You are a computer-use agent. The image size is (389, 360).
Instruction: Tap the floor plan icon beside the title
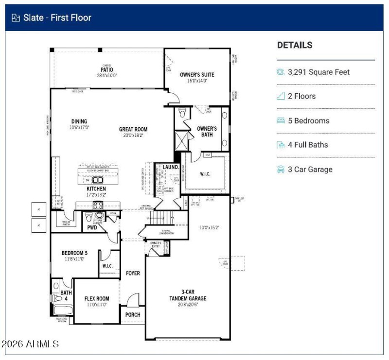tap(16, 18)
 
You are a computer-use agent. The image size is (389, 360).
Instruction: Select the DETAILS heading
tap(295, 45)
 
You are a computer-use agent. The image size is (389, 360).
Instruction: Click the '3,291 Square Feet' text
tap(318, 72)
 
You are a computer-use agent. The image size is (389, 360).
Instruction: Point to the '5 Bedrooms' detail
tap(308, 120)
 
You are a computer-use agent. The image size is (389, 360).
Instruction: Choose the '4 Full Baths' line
tap(308, 145)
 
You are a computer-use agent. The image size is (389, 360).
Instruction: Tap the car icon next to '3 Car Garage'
tap(281, 170)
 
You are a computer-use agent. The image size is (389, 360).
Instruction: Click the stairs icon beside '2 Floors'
tap(281, 96)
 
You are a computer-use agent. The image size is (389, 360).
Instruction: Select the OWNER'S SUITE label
tap(197, 75)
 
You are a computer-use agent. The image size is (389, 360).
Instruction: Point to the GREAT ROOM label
tap(133, 130)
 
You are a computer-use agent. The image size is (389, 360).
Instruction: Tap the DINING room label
tap(79, 121)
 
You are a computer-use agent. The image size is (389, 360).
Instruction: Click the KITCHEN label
tap(96, 189)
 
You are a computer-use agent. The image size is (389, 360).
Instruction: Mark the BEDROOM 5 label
tap(74, 253)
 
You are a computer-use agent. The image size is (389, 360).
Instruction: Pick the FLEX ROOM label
tap(96, 299)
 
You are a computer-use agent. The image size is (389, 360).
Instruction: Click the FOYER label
tap(133, 274)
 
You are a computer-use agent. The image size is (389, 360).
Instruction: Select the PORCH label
tap(133, 315)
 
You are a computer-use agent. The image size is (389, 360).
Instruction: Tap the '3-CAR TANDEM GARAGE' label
tap(188, 295)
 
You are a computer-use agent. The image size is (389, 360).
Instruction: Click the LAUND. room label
tap(170, 167)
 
